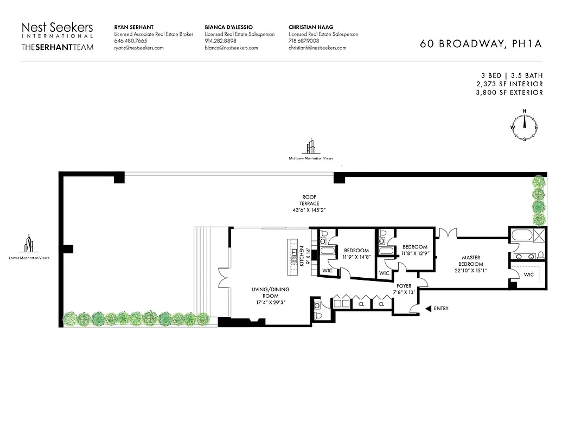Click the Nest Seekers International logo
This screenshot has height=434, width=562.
point(57,36)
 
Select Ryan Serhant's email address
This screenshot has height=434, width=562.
point(138,48)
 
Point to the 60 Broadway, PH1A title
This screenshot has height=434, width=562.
point(481,44)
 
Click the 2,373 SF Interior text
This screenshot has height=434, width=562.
point(508,84)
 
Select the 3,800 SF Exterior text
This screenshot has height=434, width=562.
point(508,93)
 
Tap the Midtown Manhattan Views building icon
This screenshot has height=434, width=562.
point(311,146)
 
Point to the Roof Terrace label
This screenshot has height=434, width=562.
point(310,203)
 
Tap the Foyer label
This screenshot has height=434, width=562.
point(403,289)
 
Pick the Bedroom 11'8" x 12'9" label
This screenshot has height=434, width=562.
point(415,250)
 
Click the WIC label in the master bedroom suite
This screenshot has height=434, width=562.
point(528,275)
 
